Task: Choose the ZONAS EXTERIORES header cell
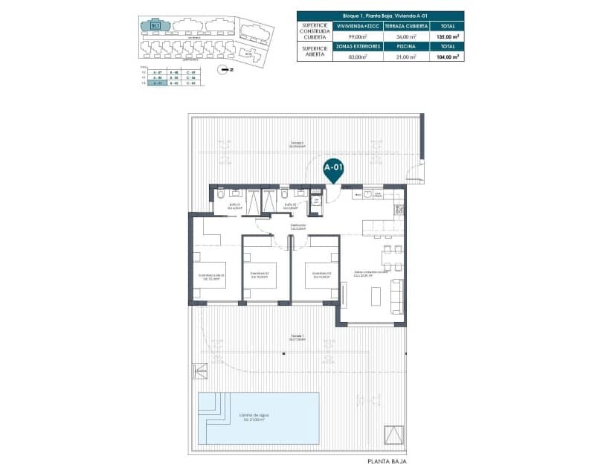pos(358,46)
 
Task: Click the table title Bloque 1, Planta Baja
pos(380,15)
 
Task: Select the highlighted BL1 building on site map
pos(155,25)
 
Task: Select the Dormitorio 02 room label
pos(259,274)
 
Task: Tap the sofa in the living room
pos(397,296)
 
